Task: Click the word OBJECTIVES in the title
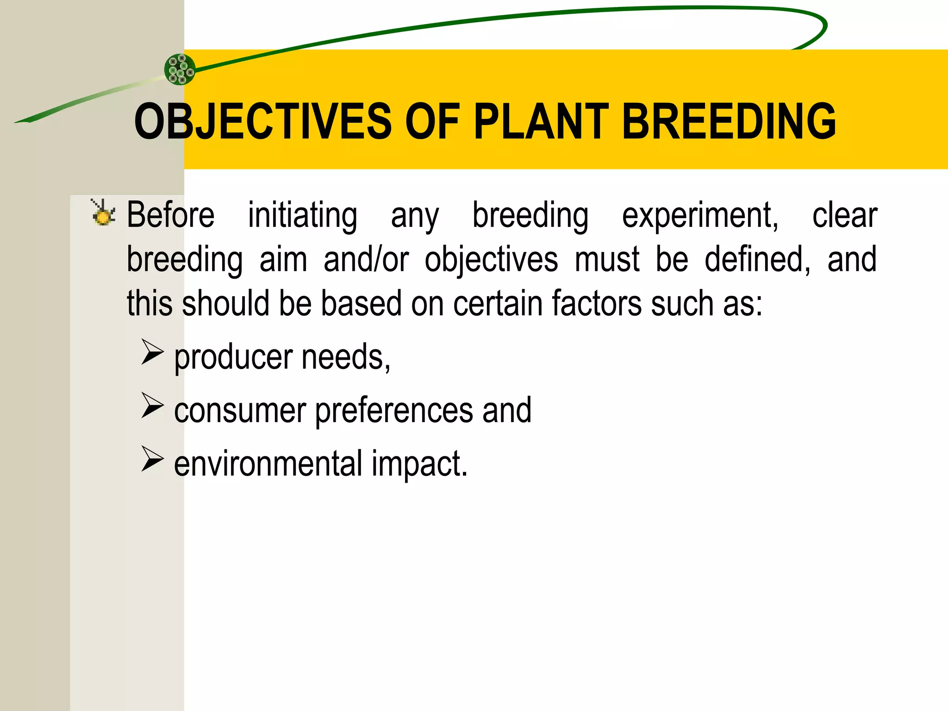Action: tap(263, 121)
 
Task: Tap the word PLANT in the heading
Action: tap(541, 121)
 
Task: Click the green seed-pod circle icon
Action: tap(180, 69)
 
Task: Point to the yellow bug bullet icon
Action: tap(103, 214)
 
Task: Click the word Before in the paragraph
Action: tap(171, 215)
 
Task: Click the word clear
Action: tap(845, 215)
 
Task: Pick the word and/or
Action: tap(366, 259)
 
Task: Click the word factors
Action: tap(597, 304)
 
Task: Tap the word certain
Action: tap(498, 304)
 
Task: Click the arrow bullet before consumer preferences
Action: tap(152, 405)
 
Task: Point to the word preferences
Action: tap(394, 411)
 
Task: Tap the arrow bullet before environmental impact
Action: tap(152, 459)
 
